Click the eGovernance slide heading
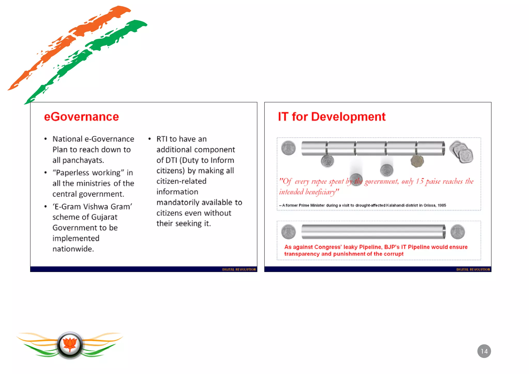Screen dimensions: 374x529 81,117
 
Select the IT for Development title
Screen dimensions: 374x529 331,117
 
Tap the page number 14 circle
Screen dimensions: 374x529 484,351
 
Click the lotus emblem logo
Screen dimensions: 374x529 70,345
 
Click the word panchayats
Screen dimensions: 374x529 83,160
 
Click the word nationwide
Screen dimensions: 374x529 73,249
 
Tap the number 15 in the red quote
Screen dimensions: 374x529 420,181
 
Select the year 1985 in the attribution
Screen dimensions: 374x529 442,205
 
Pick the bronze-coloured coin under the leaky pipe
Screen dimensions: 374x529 417,161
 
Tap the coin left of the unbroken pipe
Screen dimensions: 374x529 288,232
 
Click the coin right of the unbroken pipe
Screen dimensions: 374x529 457,232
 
